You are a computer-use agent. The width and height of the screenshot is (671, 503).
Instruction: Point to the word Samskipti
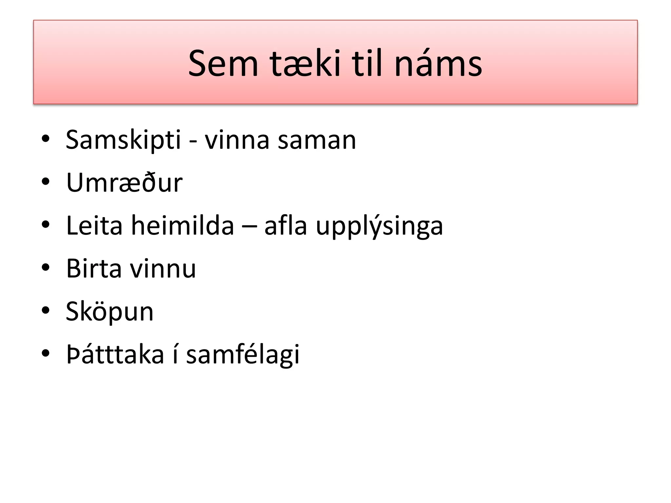click(x=123, y=140)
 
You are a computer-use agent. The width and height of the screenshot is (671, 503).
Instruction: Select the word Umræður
click(x=124, y=183)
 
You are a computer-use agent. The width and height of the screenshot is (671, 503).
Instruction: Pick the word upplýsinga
click(x=379, y=226)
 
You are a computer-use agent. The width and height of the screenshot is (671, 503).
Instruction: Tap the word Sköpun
click(x=109, y=312)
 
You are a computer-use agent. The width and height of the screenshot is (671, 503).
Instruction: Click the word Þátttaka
click(x=115, y=354)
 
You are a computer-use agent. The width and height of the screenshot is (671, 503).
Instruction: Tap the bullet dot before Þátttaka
click(x=46, y=353)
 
